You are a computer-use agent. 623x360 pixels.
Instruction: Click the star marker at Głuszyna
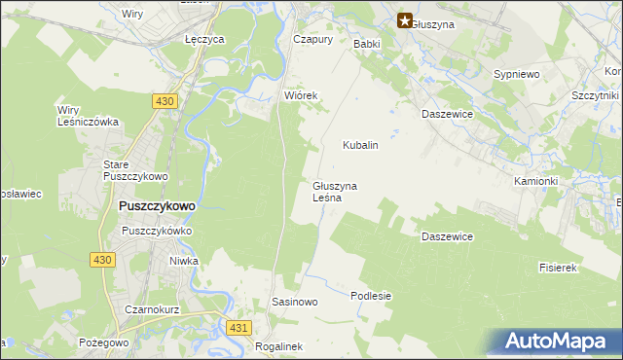click(405, 19)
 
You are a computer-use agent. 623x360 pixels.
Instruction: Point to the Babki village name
click(366, 44)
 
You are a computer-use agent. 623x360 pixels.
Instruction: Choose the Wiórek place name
click(301, 96)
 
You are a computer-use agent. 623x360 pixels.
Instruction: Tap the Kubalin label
click(360, 145)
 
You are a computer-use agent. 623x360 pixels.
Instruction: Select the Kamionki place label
click(535, 181)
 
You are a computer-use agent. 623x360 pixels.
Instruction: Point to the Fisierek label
click(559, 267)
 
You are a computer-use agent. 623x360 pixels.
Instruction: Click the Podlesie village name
click(371, 296)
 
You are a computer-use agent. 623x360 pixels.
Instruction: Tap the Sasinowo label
click(295, 302)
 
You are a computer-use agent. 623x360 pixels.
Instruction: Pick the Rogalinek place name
click(278, 345)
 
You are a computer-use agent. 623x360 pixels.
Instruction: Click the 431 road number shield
click(238, 329)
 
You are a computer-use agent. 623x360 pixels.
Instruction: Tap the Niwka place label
click(183, 261)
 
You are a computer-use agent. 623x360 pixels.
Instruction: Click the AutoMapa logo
click(555, 342)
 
